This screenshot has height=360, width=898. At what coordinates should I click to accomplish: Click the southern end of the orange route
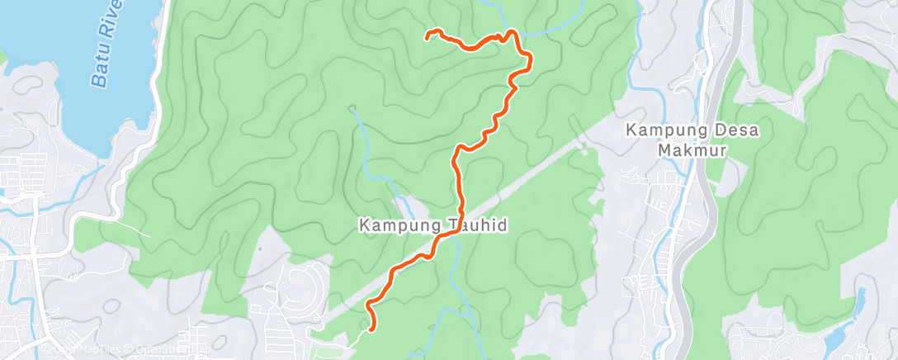(x=372, y=329)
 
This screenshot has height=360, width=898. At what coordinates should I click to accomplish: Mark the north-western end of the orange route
(x=428, y=35)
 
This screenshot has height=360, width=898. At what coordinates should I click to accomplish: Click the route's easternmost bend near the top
(x=527, y=59)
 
